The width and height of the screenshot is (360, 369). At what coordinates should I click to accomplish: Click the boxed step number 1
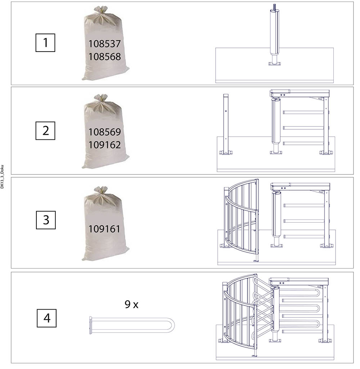(45, 43)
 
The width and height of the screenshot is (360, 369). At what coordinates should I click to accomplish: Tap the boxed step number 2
(45, 130)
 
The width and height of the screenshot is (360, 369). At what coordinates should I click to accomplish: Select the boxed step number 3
(46, 220)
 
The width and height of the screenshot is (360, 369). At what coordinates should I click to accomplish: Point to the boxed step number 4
(46, 318)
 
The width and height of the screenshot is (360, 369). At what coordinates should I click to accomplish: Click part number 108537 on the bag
(104, 44)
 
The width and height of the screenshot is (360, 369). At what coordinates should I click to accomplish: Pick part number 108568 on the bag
(104, 57)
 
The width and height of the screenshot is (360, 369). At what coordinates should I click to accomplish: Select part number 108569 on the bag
(104, 132)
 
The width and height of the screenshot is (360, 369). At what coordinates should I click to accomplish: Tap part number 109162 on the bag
(104, 145)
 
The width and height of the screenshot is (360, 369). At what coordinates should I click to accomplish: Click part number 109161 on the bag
(104, 229)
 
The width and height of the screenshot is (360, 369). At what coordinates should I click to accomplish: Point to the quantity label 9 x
(131, 304)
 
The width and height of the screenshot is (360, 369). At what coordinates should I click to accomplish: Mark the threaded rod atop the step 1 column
(274, 7)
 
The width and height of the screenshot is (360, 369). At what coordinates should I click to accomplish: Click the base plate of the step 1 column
(275, 63)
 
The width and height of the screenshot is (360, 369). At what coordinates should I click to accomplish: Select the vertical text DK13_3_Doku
(2, 177)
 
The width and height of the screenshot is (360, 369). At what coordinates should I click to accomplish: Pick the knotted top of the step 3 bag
(101, 190)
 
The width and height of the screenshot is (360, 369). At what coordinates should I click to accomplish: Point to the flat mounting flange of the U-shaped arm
(90, 325)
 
